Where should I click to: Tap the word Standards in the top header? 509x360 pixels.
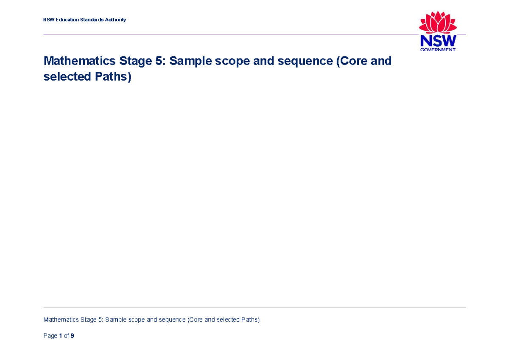point(92,20)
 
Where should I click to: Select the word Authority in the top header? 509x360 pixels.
point(115,20)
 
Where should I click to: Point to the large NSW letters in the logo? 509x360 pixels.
point(438,41)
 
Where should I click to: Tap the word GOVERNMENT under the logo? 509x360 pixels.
point(438,49)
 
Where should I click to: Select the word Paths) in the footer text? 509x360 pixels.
point(250,320)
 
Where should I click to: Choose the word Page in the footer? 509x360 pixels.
point(50,336)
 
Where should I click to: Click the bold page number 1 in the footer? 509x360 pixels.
point(61,336)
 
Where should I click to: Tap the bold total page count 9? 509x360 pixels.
point(73,336)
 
